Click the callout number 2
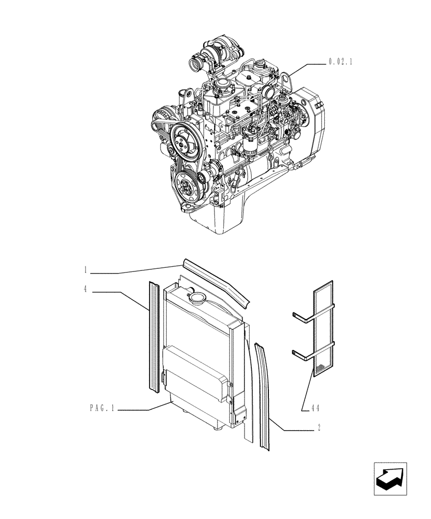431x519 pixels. point(319,428)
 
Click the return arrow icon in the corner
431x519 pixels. point(391,478)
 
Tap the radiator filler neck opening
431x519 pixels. point(197,298)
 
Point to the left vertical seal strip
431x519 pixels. point(154,337)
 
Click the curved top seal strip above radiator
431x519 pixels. point(218,280)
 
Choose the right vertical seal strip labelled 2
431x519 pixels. point(263,394)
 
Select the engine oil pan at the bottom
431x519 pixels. point(218,218)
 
